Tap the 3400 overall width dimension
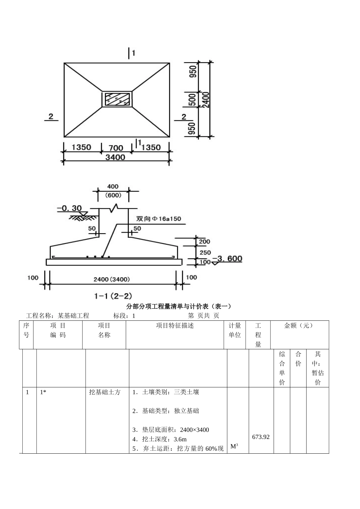tap(115, 157)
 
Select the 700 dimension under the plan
tap(116, 147)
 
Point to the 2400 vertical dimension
tap(206, 99)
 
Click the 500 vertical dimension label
tap(193, 100)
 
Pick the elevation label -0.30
tap(69, 208)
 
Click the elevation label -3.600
tap(227, 259)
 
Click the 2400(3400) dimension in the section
tap(112, 279)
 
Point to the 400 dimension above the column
tap(113, 186)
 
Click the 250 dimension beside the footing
tap(205, 253)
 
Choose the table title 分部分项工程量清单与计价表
tap(178, 306)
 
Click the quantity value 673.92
tap(261, 437)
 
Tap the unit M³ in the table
tap(234, 446)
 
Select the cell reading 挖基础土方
tap(105, 392)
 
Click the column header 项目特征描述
tap(175, 325)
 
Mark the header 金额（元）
tap(299, 325)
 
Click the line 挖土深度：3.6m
tap(160, 439)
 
